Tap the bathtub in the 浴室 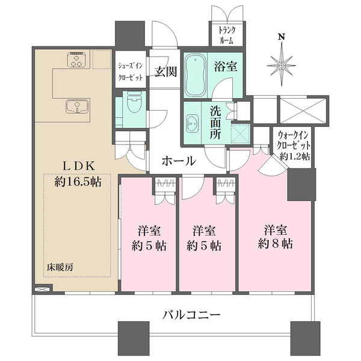coord(196,75)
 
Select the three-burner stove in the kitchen coord(78,60)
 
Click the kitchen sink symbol coord(78,106)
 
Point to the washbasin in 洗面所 coord(193,123)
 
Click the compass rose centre coord(282,66)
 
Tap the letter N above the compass coord(282,37)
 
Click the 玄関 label coord(165,72)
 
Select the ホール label coord(179,161)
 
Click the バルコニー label coord(191,315)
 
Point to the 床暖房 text coord(60,267)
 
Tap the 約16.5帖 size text coord(78,182)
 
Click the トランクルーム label coord(227,35)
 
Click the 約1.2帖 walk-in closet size coord(294,156)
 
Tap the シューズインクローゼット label coord(131,72)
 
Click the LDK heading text coord(78,166)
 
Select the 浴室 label coord(226,66)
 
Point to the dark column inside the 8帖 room coord(301,185)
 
